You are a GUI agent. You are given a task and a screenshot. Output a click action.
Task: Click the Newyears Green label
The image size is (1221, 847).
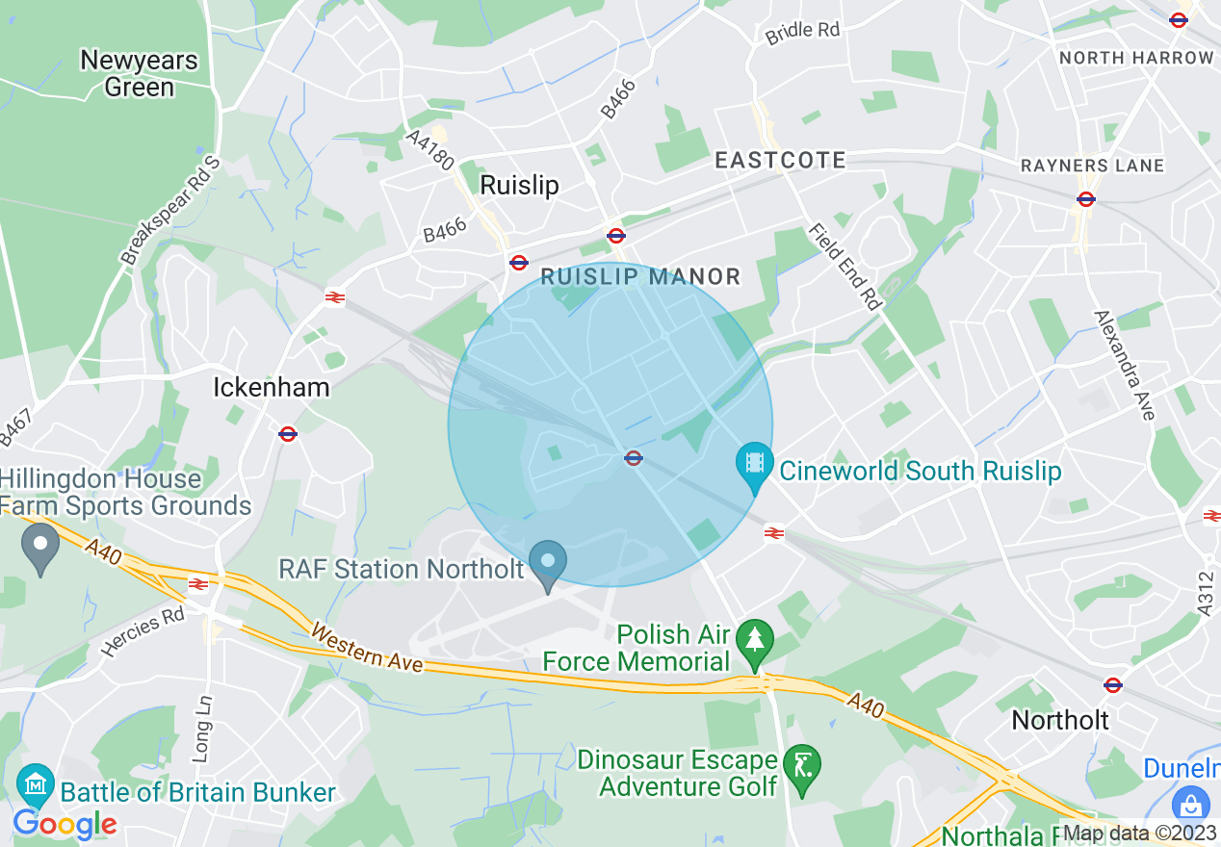pos(139,73)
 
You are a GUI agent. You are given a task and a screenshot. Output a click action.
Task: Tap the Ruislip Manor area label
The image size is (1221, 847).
pos(640,277)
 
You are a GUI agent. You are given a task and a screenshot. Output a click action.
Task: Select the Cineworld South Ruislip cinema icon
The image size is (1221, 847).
pos(754,463)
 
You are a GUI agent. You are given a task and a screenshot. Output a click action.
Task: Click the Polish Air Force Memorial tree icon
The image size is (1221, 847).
pos(754,638)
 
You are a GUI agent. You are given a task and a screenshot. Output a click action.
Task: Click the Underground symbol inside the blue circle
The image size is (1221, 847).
pos(634,458)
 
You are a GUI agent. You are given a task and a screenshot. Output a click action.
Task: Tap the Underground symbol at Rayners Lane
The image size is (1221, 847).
pos(1086,199)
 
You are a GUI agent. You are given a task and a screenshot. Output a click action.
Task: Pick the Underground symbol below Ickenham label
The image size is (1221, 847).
pos(287,434)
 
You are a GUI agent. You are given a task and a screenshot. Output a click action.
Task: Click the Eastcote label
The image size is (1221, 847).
pos(780,160)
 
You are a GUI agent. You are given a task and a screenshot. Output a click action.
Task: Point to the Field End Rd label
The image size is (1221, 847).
pos(845,267)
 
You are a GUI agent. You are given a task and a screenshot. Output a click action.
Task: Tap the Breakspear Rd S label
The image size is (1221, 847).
pos(170,211)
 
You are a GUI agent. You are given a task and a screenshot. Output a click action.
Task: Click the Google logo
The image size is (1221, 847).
pos(65,824)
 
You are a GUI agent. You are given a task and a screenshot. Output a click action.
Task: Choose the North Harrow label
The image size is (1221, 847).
pos(1136,58)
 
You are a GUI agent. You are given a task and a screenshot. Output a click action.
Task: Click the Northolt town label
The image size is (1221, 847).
pos(1060,720)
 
